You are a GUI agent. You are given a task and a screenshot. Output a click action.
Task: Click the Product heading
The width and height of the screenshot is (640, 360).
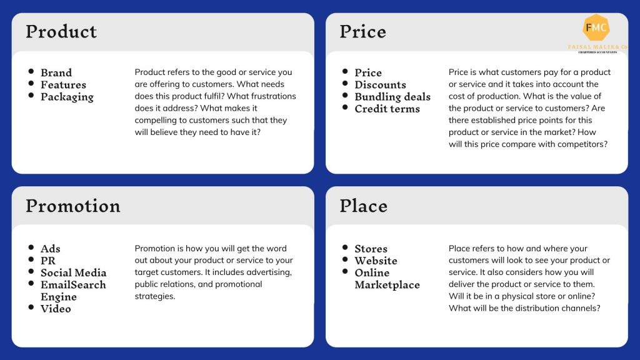point(61,32)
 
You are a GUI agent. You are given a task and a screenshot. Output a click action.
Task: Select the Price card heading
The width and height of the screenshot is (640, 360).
point(363,32)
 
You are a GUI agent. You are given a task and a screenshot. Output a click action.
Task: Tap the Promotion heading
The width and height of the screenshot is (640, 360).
point(73,206)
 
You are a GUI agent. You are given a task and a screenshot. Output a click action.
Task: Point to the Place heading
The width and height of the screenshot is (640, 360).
point(363,206)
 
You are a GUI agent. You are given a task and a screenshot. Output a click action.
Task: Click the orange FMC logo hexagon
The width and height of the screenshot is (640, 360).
point(596,27)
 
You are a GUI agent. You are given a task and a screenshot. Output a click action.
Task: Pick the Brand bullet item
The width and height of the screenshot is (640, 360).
point(56,72)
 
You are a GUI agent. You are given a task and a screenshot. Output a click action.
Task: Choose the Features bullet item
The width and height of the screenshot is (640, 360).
point(63,85)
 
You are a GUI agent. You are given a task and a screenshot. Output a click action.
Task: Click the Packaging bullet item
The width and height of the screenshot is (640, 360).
point(67,97)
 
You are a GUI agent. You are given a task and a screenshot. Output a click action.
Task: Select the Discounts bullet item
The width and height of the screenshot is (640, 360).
point(381,85)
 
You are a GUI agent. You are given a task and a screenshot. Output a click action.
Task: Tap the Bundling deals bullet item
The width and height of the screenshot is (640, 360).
point(392,97)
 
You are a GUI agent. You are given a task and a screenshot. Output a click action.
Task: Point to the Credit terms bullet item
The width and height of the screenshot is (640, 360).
point(387,109)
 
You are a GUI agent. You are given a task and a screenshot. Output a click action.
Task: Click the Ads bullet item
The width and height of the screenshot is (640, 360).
point(51,249)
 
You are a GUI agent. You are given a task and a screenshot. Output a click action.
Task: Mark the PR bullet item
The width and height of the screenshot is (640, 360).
point(48,261)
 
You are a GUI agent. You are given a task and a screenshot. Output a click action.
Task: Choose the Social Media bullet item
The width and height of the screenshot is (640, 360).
point(74,272)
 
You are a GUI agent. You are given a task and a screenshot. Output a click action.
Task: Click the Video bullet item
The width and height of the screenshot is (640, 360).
point(56,309)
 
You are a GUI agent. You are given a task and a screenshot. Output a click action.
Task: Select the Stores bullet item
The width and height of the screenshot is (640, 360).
point(371,249)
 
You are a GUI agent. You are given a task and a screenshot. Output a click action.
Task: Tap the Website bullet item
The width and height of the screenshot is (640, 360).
point(376,261)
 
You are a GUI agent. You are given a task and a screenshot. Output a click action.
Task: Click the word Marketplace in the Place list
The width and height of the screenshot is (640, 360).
point(387,285)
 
